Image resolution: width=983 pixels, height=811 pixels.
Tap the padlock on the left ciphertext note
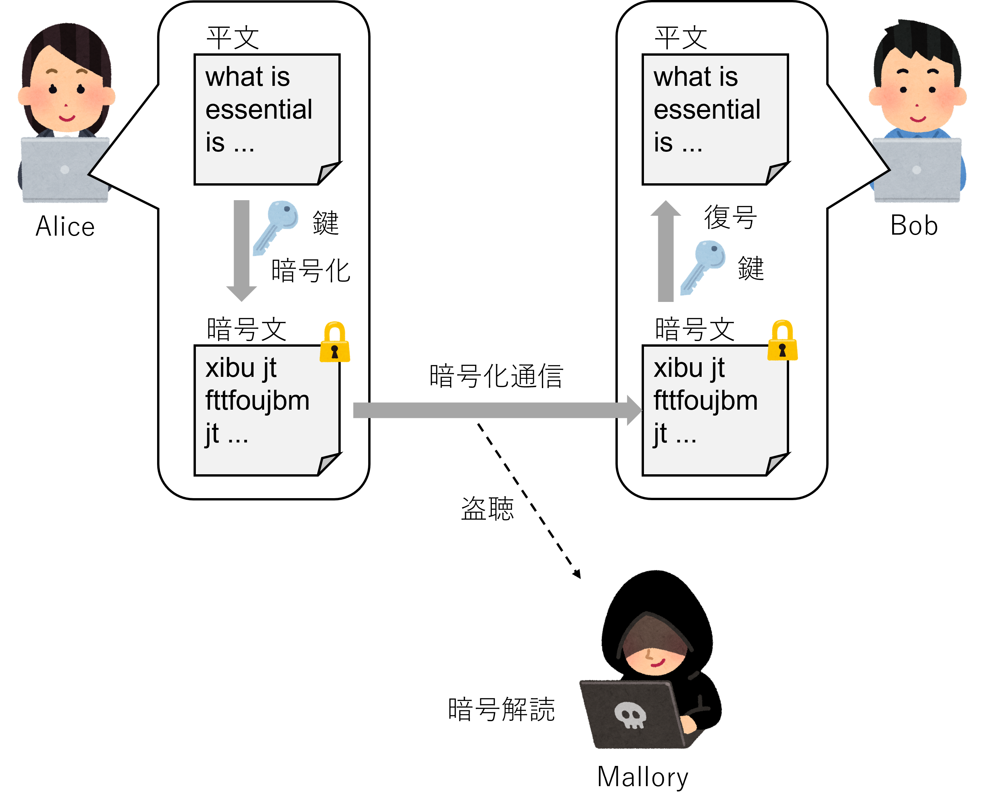[334, 343]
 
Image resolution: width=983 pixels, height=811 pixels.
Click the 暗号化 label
[311, 271]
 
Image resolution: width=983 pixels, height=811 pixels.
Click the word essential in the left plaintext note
[259, 110]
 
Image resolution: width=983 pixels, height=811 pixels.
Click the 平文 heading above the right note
[681, 38]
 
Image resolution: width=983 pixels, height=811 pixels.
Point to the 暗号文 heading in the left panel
[246, 329]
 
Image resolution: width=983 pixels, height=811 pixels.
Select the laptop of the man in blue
[917, 170]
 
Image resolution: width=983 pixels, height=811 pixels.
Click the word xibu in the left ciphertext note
[229, 368]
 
